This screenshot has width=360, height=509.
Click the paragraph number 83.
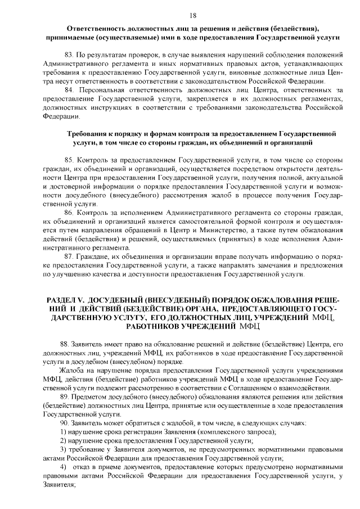[x=70, y=55]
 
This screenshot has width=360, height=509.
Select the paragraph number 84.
[x=70, y=91]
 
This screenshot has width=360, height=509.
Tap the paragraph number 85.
[x=70, y=160]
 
